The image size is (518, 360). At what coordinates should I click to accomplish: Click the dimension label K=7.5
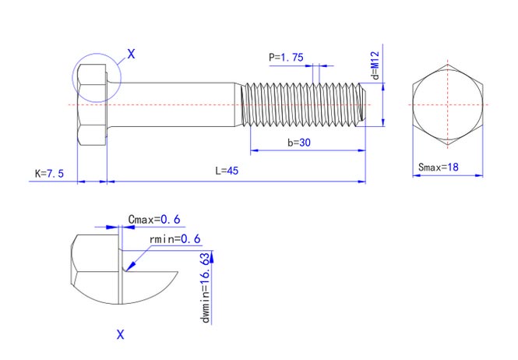[x=49, y=172]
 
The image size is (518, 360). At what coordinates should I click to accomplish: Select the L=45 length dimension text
[x=227, y=171]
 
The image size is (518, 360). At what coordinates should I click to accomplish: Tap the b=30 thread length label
[x=299, y=143]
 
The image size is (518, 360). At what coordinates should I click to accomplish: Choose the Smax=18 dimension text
[x=439, y=167]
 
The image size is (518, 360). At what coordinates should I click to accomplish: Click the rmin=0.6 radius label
[x=175, y=238]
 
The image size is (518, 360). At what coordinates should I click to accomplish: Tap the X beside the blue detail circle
[x=131, y=54]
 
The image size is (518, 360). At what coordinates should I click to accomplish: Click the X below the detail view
[x=121, y=335]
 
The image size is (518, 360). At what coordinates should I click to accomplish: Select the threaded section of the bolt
[x=304, y=104]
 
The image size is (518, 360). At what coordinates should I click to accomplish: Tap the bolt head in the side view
[x=92, y=104]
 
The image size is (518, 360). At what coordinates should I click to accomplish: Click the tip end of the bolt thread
[x=364, y=104]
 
